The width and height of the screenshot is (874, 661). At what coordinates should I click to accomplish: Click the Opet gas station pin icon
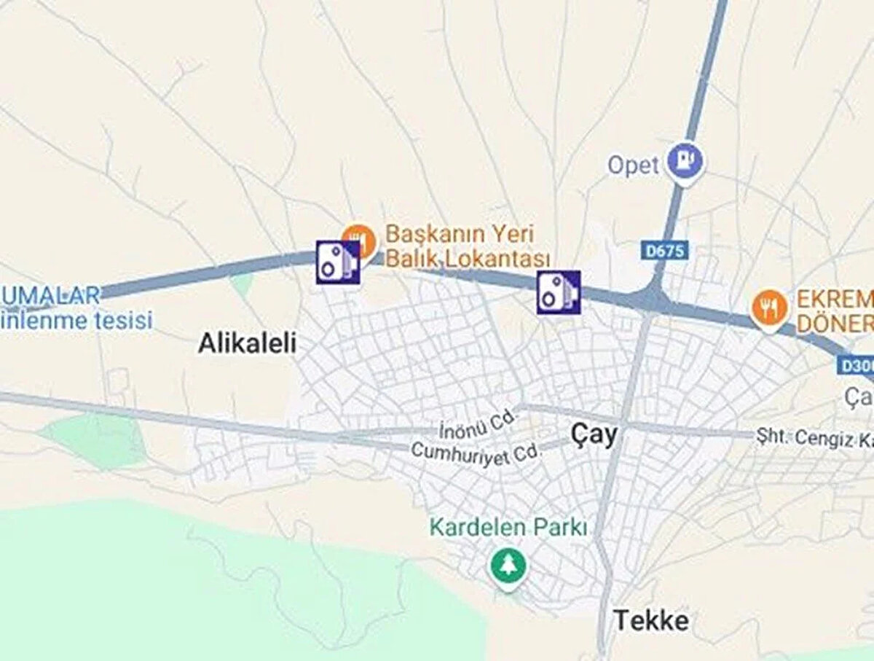[x=686, y=159]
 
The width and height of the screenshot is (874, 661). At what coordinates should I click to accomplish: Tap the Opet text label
[x=633, y=165]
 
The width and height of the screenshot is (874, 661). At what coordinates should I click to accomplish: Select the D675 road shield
[x=664, y=251]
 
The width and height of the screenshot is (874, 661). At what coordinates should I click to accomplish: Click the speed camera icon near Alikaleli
[x=338, y=262]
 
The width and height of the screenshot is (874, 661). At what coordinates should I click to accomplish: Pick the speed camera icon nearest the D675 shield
[x=559, y=292]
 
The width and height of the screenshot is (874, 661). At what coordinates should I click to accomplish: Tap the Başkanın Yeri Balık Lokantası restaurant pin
[x=358, y=238]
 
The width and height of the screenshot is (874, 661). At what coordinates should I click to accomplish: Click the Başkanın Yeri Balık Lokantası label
[x=466, y=246]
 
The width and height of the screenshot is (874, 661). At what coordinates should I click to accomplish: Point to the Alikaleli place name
[x=248, y=343]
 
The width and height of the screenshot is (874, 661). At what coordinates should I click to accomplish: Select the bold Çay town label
[x=594, y=435]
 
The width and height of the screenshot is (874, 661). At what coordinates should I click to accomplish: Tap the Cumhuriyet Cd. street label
[x=478, y=452]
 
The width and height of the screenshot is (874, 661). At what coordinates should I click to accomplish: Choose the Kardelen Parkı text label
[x=508, y=527]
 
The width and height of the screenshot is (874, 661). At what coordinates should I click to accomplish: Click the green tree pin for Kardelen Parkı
[x=507, y=565]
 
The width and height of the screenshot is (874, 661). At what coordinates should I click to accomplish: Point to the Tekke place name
[x=651, y=621]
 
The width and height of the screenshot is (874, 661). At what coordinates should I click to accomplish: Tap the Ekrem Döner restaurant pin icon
[x=769, y=307]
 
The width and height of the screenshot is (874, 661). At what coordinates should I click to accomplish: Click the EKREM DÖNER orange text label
[x=833, y=311]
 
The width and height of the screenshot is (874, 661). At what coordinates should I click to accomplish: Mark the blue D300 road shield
[x=855, y=365]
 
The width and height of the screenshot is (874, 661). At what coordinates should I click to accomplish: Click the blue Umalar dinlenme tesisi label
[x=73, y=308]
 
